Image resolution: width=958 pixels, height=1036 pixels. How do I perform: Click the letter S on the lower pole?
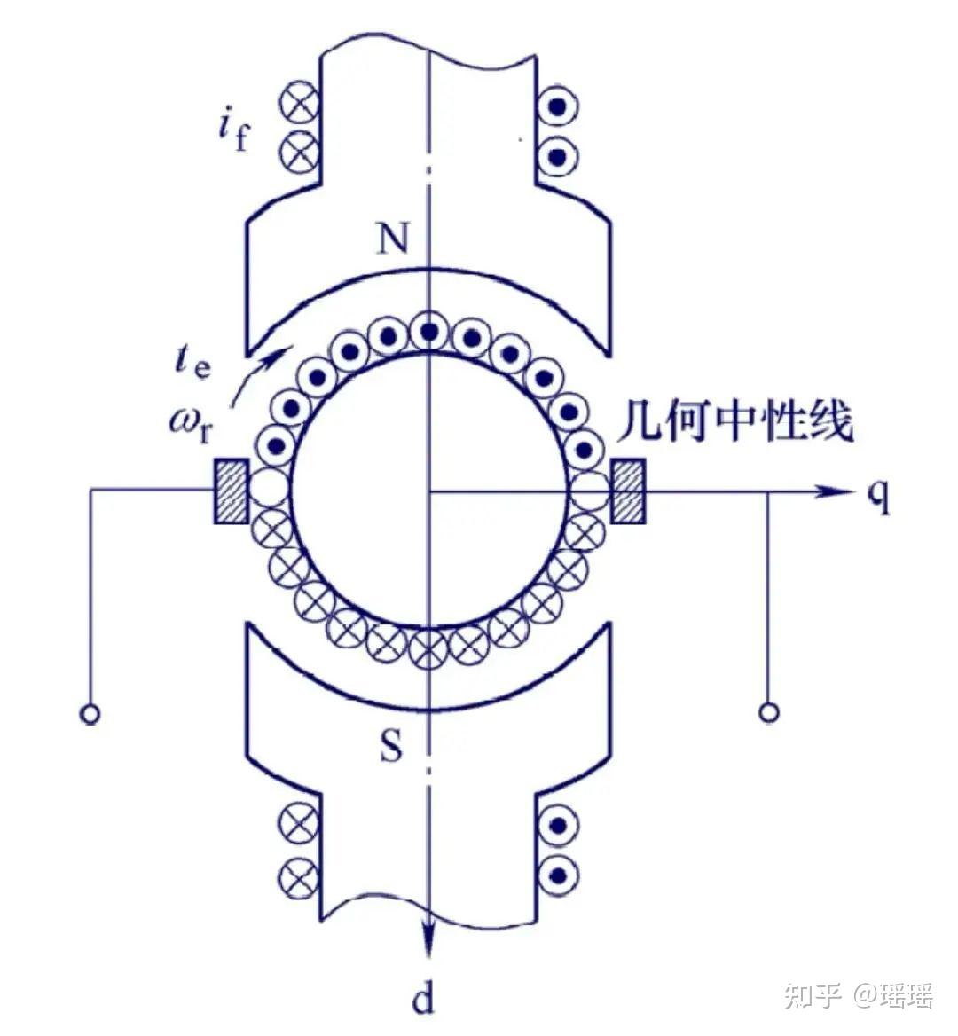tap(391, 748)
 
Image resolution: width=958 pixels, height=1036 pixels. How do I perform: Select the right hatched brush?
tap(629, 491)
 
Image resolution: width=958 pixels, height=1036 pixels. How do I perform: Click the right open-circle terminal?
tap(769, 712)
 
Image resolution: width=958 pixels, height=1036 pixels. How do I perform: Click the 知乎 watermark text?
tap(811, 995)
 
